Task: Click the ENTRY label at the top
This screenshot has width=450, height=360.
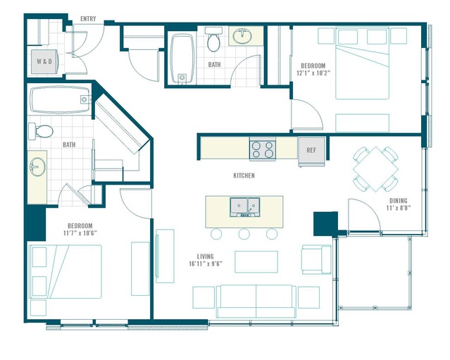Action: [88, 18]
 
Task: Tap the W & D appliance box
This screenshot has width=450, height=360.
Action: [44, 61]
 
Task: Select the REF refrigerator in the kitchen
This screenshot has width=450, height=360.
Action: [311, 150]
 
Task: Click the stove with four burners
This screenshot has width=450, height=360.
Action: [262, 149]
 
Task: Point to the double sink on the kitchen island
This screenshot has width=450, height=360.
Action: [245, 206]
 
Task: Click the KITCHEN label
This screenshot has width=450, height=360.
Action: [244, 175]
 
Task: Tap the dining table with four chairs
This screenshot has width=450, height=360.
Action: [375, 169]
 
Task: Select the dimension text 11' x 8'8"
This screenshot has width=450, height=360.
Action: [399, 208]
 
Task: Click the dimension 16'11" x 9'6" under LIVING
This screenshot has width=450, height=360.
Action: [206, 263]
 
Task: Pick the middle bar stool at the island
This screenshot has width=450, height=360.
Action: [244, 234]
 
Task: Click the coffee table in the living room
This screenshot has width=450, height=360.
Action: [256, 262]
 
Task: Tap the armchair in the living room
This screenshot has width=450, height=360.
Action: [316, 259]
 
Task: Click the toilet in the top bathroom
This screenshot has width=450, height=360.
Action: [213, 39]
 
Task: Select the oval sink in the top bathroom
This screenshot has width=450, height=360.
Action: [242, 36]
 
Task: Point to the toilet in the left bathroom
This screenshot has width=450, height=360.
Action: [41, 131]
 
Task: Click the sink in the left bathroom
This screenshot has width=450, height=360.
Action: [37, 166]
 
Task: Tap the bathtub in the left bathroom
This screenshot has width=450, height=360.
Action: [61, 99]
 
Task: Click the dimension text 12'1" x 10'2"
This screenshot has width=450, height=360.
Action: [313, 73]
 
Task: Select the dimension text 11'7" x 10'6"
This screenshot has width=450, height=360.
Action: [80, 232]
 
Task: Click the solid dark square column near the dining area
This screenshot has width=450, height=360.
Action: [325, 224]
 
